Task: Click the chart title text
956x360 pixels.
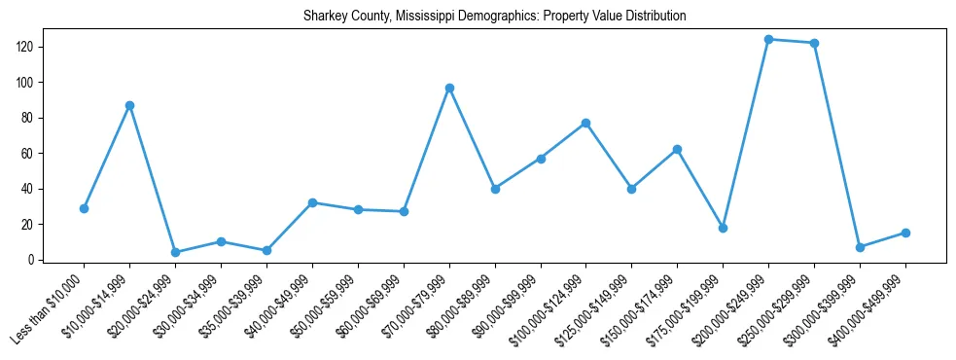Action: [x=494, y=17]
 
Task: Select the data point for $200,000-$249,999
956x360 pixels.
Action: [x=769, y=40]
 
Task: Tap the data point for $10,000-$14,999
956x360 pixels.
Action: [x=129, y=105]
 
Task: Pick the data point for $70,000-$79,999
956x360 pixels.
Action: [x=449, y=88]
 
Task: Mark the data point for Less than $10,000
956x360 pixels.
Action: [x=84, y=208]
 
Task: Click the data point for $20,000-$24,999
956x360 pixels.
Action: [x=175, y=252]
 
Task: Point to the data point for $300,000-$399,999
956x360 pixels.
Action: [x=860, y=247]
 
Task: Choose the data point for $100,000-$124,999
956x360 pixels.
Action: [x=586, y=123]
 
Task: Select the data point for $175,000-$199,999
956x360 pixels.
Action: [x=723, y=228]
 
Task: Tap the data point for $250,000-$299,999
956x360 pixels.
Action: [x=814, y=43]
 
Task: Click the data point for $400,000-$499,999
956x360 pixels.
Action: [x=905, y=233]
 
